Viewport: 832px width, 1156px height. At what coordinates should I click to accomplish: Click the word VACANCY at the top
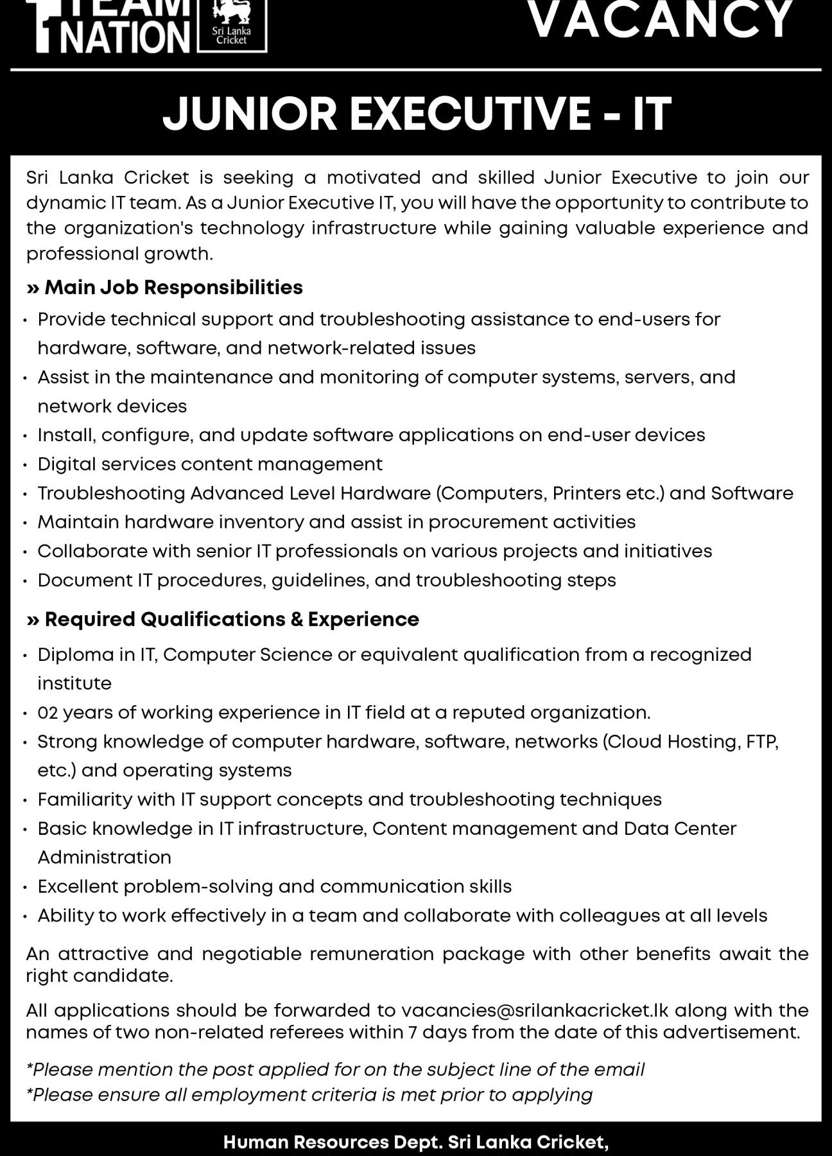click(x=660, y=19)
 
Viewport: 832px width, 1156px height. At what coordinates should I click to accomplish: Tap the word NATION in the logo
click(x=127, y=37)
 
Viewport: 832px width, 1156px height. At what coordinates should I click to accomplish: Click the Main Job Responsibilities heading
click(x=173, y=287)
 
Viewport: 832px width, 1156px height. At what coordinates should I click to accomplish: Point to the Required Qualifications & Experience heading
click(x=231, y=619)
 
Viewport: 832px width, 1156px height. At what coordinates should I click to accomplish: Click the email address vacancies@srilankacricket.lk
click(x=535, y=1010)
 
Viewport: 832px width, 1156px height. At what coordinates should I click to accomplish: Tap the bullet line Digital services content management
click(x=210, y=464)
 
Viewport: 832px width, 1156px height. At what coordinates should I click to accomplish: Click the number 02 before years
click(x=48, y=712)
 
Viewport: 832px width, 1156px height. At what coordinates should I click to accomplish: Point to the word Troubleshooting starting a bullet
click(x=111, y=493)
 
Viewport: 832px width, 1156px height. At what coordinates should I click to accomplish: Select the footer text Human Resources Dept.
click(x=333, y=1142)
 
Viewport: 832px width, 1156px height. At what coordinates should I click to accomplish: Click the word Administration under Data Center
click(x=104, y=857)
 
